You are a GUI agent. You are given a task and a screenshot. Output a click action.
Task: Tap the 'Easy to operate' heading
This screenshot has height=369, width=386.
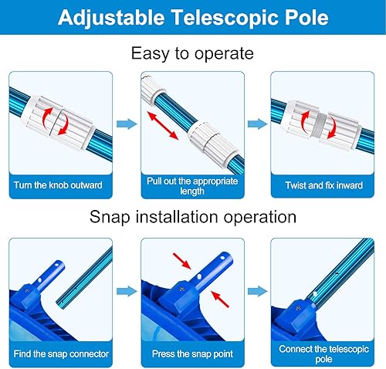tap(192, 53)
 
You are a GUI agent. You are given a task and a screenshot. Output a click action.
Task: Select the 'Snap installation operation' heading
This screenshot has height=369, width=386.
tap(192, 218)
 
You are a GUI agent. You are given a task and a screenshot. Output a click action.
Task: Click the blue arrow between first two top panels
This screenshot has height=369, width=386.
tap(124, 123)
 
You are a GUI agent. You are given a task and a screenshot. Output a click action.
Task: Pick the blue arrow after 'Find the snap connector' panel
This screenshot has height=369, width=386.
tap(124, 290)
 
